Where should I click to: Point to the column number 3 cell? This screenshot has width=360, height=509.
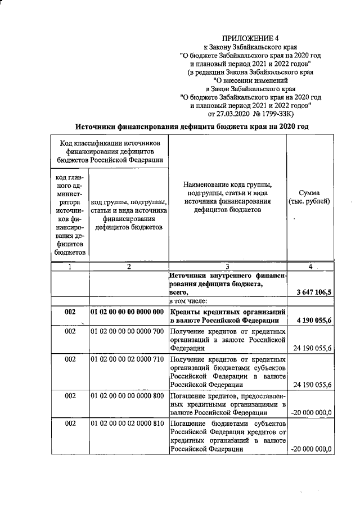(227, 267)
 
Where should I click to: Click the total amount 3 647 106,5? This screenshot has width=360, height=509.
(314, 292)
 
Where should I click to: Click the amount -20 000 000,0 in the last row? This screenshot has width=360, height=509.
(312, 449)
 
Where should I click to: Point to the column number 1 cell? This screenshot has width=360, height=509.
(70, 267)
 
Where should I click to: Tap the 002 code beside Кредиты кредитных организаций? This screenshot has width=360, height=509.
(70, 312)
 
